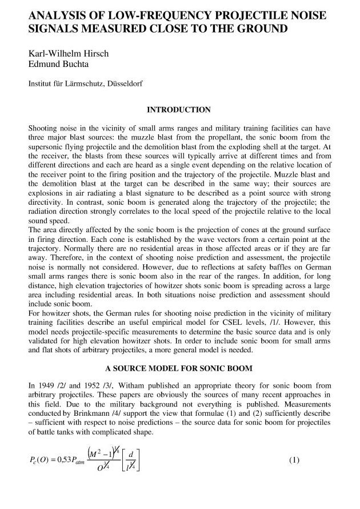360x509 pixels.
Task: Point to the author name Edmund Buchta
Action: [x=56, y=65]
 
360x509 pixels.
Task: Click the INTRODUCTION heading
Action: [x=179, y=109]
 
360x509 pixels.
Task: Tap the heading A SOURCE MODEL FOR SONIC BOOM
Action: [x=179, y=368]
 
